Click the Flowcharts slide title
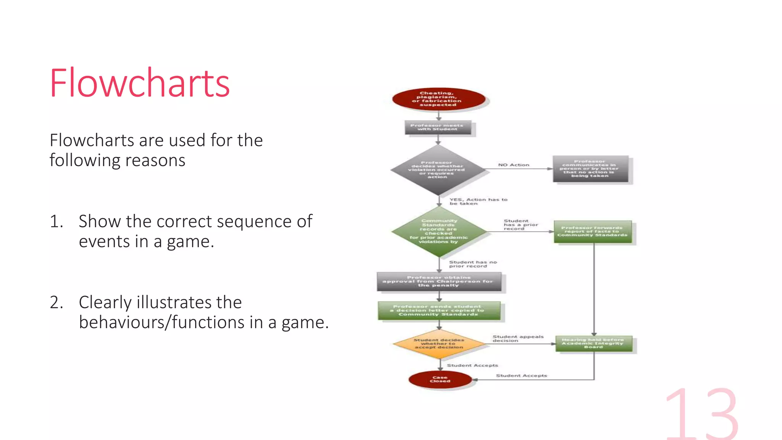coord(140,83)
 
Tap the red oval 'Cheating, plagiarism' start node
coord(438,99)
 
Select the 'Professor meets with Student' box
coord(438,128)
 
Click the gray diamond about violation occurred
coord(438,170)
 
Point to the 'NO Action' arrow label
coord(514,165)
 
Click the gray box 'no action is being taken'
coord(590,169)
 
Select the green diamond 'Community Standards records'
coord(439,231)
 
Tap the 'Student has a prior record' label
coord(520,225)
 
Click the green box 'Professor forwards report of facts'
coord(593,231)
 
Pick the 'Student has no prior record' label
coord(473,264)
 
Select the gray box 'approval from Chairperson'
coord(439,281)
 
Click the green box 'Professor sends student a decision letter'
coord(439,311)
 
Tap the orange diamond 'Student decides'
coord(439,344)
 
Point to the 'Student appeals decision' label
coord(517,338)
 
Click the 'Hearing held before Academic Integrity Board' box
coord(593,343)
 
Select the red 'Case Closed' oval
coord(440,379)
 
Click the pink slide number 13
coord(702,414)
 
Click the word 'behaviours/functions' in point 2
coord(162,322)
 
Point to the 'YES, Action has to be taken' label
coord(478,201)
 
